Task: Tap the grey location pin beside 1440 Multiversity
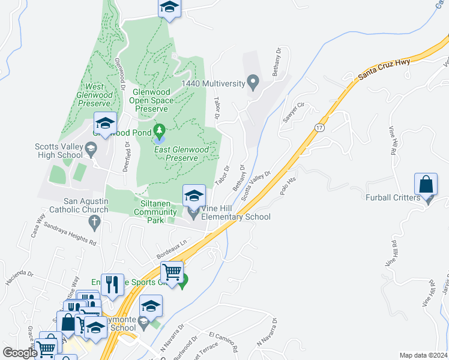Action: tap(253, 82)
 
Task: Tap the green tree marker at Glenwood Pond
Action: tap(160, 130)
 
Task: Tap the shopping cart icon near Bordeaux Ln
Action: tap(172, 272)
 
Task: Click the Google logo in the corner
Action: tap(20, 353)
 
